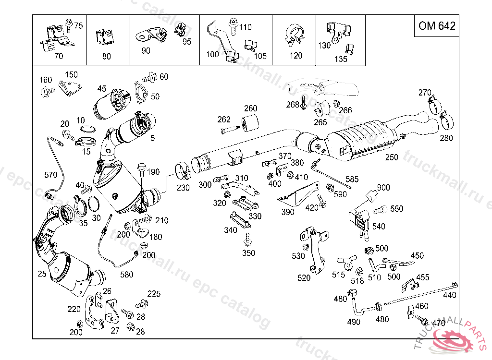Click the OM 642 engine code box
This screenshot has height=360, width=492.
(437, 26)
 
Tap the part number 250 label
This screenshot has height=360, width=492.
(392, 157)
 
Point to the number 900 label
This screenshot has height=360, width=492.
(383, 187)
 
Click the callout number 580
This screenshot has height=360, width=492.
(126, 275)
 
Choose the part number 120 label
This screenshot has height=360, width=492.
(296, 56)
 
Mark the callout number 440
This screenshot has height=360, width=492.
(450, 295)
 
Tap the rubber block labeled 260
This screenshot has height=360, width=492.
(250, 124)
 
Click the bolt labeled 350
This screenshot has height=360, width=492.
(248, 239)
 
